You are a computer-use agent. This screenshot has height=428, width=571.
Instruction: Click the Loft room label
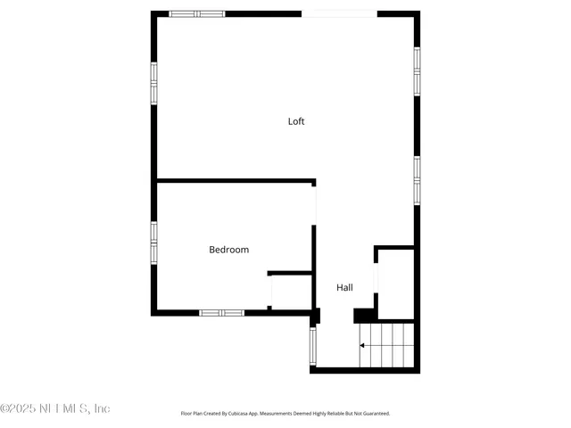tap(296, 121)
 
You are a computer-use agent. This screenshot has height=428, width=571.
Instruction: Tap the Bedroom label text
tap(228, 250)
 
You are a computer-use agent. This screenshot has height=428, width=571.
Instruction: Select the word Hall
tap(344, 287)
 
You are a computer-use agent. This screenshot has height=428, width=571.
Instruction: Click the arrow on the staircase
tap(362, 345)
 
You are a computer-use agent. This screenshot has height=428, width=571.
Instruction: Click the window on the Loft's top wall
tap(197, 13)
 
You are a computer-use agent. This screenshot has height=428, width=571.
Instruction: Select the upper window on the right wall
tap(417, 70)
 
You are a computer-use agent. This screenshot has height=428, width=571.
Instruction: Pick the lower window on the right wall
tap(417, 179)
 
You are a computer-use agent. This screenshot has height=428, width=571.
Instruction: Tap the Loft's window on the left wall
tap(153, 82)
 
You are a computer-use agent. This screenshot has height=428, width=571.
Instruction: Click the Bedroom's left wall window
tap(153, 242)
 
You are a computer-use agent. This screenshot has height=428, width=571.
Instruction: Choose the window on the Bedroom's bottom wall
tap(221, 312)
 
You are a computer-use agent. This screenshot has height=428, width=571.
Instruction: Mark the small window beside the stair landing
tap(312, 346)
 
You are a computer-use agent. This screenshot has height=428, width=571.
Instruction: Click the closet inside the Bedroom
tap(291, 292)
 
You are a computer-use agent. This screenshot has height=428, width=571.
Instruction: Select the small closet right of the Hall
tap(395, 284)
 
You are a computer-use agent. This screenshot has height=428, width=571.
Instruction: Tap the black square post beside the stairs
tap(364, 315)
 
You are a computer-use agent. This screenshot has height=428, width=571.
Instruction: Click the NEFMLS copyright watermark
tap(55, 408)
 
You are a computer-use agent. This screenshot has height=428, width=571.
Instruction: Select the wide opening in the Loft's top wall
tap(339, 13)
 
